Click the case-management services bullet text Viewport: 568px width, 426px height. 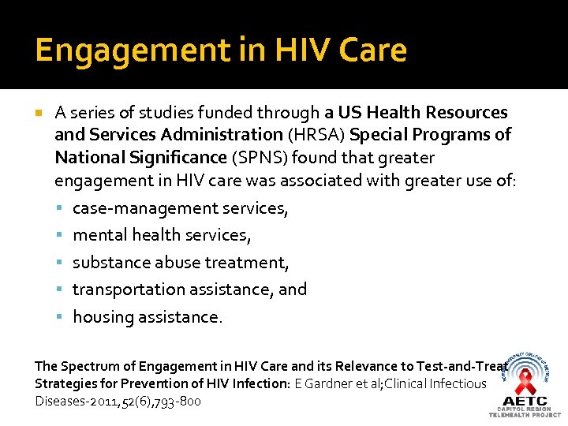point(181,208)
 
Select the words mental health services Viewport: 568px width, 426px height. point(162,235)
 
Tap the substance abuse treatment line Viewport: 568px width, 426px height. point(181,262)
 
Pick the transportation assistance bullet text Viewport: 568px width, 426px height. point(189,290)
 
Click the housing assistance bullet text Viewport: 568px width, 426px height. point(148,316)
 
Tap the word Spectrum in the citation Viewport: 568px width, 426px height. point(88,366)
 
